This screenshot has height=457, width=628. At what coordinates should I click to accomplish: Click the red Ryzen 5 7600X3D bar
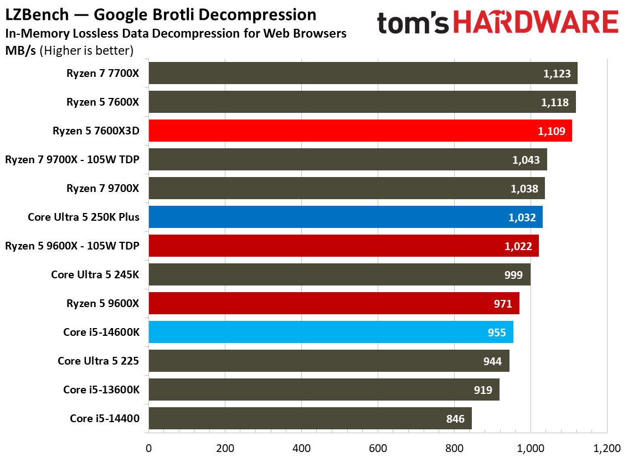(x=360, y=131)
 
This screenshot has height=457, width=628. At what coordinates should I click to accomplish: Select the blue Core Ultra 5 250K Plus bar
(x=346, y=217)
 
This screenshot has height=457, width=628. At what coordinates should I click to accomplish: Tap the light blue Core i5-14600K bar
(x=331, y=332)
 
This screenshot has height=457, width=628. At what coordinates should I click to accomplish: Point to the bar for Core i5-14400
(x=310, y=418)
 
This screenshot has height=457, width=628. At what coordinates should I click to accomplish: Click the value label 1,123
(x=557, y=74)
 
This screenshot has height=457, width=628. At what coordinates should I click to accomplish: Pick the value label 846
(x=455, y=419)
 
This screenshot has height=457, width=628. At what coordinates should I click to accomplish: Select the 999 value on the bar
(x=513, y=275)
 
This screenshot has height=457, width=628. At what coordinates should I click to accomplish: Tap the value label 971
(x=503, y=304)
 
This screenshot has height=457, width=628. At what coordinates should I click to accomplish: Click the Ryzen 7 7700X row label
(x=102, y=73)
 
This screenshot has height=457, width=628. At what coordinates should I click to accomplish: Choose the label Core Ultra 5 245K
(x=95, y=274)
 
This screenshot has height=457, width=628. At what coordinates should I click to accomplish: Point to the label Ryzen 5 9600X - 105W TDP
(x=72, y=246)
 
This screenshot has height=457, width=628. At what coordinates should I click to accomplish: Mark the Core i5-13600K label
(x=101, y=390)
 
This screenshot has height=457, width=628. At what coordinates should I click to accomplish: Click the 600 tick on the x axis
(x=378, y=448)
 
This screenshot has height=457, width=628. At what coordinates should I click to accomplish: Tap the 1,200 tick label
(x=607, y=448)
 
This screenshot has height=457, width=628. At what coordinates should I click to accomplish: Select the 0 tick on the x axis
(x=148, y=448)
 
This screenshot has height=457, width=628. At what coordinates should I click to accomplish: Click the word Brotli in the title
(x=174, y=15)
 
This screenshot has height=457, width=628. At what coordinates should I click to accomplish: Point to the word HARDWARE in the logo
(x=536, y=22)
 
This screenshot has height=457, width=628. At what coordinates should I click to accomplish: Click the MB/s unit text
(x=20, y=51)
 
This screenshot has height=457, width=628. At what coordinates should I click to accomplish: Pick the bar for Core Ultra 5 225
(x=329, y=361)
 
